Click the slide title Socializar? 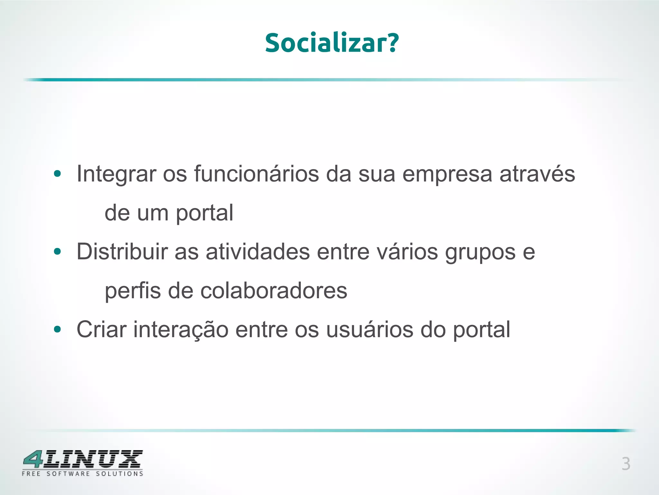click(332, 43)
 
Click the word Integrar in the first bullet click(116, 174)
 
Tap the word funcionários click(256, 174)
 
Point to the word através click(537, 174)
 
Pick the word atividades click(258, 252)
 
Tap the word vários click(407, 252)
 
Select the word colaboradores click(274, 291)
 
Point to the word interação click(181, 329)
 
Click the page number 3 click(626, 464)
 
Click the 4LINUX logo click(83, 459)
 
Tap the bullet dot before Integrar click(58, 174)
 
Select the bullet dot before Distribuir click(58, 252)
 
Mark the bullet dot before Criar click(58, 329)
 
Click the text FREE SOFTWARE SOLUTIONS click(82, 474)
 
